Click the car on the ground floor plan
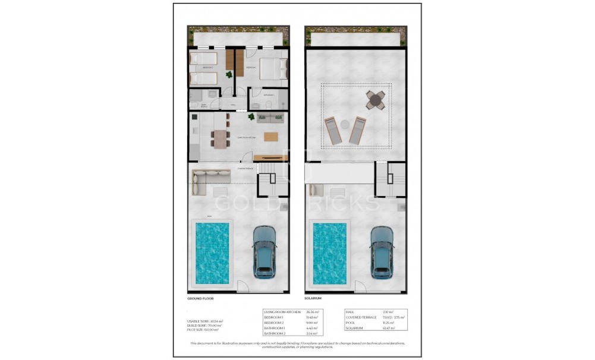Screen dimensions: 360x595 point(265,251)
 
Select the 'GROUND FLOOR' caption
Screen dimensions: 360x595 point(200,299)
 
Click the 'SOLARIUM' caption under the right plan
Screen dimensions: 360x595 point(314,299)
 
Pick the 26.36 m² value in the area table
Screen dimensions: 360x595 point(313,312)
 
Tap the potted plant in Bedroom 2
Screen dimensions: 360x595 point(229,74)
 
